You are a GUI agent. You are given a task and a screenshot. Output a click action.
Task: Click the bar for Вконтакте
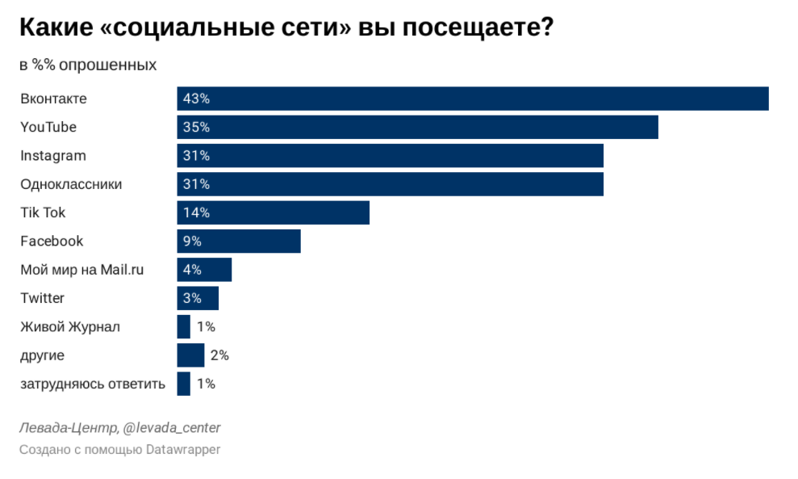pos(472,99)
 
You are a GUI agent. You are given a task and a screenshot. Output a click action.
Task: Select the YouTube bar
pos(417,127)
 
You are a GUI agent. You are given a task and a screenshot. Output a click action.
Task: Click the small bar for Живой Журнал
pos(184,326)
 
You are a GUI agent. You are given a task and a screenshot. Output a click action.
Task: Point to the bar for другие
pos(190,355)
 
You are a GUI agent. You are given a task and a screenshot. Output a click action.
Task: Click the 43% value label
pos(196,99)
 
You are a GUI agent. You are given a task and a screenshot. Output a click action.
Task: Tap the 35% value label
pos(196,127)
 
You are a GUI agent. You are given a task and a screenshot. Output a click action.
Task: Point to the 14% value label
pos(196,212)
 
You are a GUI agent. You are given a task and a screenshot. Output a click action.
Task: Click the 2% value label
pos(219,355)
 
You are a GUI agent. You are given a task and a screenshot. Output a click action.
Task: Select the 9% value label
pos(192,241)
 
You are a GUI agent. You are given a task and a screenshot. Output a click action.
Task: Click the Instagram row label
pos(53,156)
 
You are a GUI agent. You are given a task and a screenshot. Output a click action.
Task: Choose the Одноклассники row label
pos(71,184)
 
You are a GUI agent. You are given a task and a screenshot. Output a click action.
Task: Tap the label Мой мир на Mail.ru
pos(81,270)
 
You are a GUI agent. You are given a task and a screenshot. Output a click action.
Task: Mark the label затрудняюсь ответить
pos(93,384)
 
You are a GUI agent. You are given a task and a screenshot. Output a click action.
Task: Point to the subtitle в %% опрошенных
pos(88,65)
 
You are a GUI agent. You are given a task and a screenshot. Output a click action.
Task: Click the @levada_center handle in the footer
pos(171,427)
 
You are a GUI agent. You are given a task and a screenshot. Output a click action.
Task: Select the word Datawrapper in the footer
pos(183,449)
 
